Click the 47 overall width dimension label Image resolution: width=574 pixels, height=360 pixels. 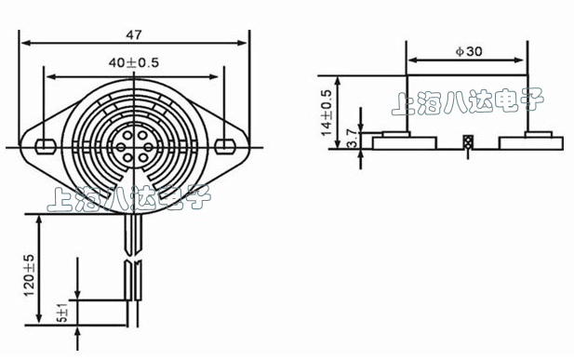click(134, 34)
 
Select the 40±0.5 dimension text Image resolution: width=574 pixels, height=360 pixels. click(134, 62)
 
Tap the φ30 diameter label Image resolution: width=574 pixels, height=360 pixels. click(469, 51)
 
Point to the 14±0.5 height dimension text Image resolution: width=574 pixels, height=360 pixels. click(326, 113)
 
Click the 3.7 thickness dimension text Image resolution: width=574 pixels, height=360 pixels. click(351, 138)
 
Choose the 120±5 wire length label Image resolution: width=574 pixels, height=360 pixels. click(29, 275)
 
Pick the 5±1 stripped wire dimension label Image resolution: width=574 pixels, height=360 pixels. click(62, 313)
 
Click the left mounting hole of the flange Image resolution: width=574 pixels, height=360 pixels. click(46, 146)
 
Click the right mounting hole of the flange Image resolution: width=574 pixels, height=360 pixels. click(225, 146)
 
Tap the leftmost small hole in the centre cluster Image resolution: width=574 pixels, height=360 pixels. click(120, 147)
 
